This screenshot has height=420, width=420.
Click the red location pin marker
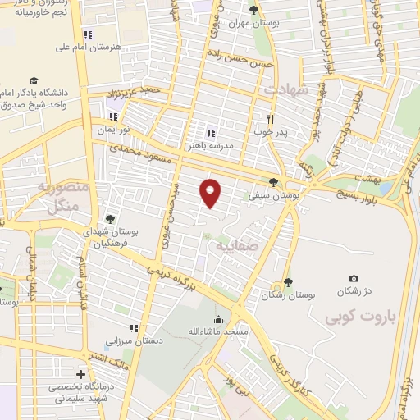[x=211, y=192]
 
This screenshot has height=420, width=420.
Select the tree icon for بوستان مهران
[x=253, y=10]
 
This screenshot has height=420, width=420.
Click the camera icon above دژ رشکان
[x=354, y=279]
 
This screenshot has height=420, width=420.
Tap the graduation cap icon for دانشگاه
[x=34, y=80]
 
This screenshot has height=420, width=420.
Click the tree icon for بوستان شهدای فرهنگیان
[x=109, y=218]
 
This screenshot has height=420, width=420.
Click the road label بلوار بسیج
[x=362, y=196]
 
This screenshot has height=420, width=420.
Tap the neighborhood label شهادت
[x=286, y=89]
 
